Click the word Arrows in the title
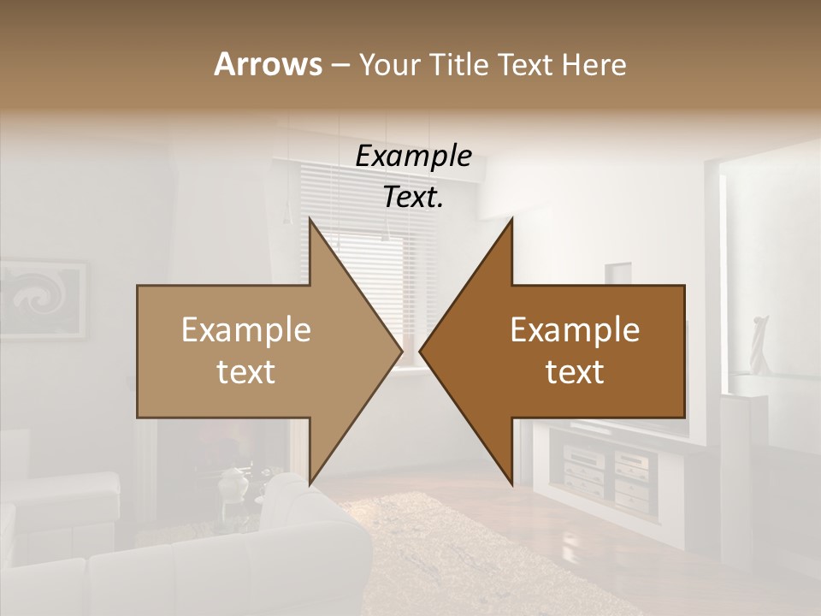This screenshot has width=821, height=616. (267, 64)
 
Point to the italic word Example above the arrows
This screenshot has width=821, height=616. (413, 157)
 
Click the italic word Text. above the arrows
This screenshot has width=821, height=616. (413, 198)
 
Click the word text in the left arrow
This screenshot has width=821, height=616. (246, 372)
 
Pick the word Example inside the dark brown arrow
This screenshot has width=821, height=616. (575, 330)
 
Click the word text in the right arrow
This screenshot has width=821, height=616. (575, 372)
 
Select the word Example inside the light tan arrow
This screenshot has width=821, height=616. (246, 330)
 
